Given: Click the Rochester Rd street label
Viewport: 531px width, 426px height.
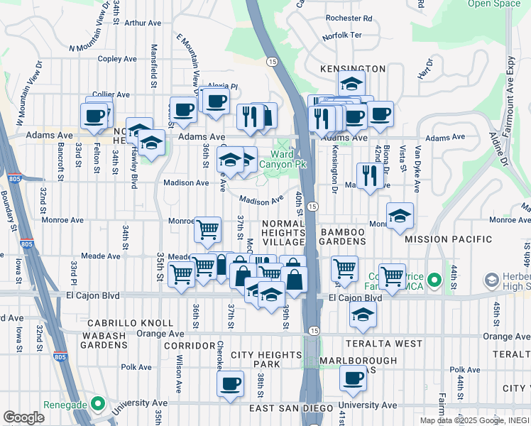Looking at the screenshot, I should click(349, 18).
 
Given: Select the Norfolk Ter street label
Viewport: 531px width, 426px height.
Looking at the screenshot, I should click(342, 35).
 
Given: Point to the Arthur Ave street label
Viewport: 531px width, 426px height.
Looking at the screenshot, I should click(143, 23).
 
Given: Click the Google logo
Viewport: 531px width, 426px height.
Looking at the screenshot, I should click(23, 417).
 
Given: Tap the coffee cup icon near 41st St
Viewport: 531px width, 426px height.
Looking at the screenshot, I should click(352, 378).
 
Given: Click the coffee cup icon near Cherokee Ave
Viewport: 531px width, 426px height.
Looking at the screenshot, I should click(229, 383).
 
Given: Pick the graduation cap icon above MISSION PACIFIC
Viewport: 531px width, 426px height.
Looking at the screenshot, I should click(400, 215).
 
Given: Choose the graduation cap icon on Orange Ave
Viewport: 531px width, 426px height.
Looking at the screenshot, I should click(363, 314).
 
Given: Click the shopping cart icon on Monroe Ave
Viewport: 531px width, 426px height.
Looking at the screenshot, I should click(207, 229).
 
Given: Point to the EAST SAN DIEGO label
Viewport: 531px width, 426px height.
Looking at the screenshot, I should click(291, 408).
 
